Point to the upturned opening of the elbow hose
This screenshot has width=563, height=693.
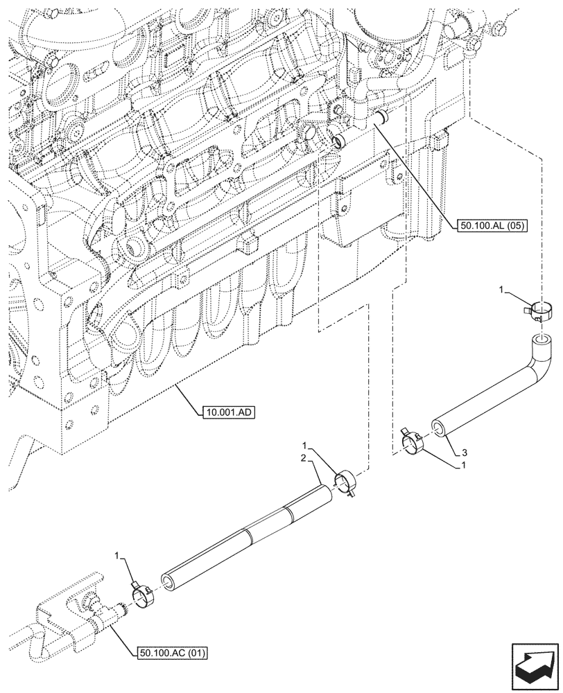540,340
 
